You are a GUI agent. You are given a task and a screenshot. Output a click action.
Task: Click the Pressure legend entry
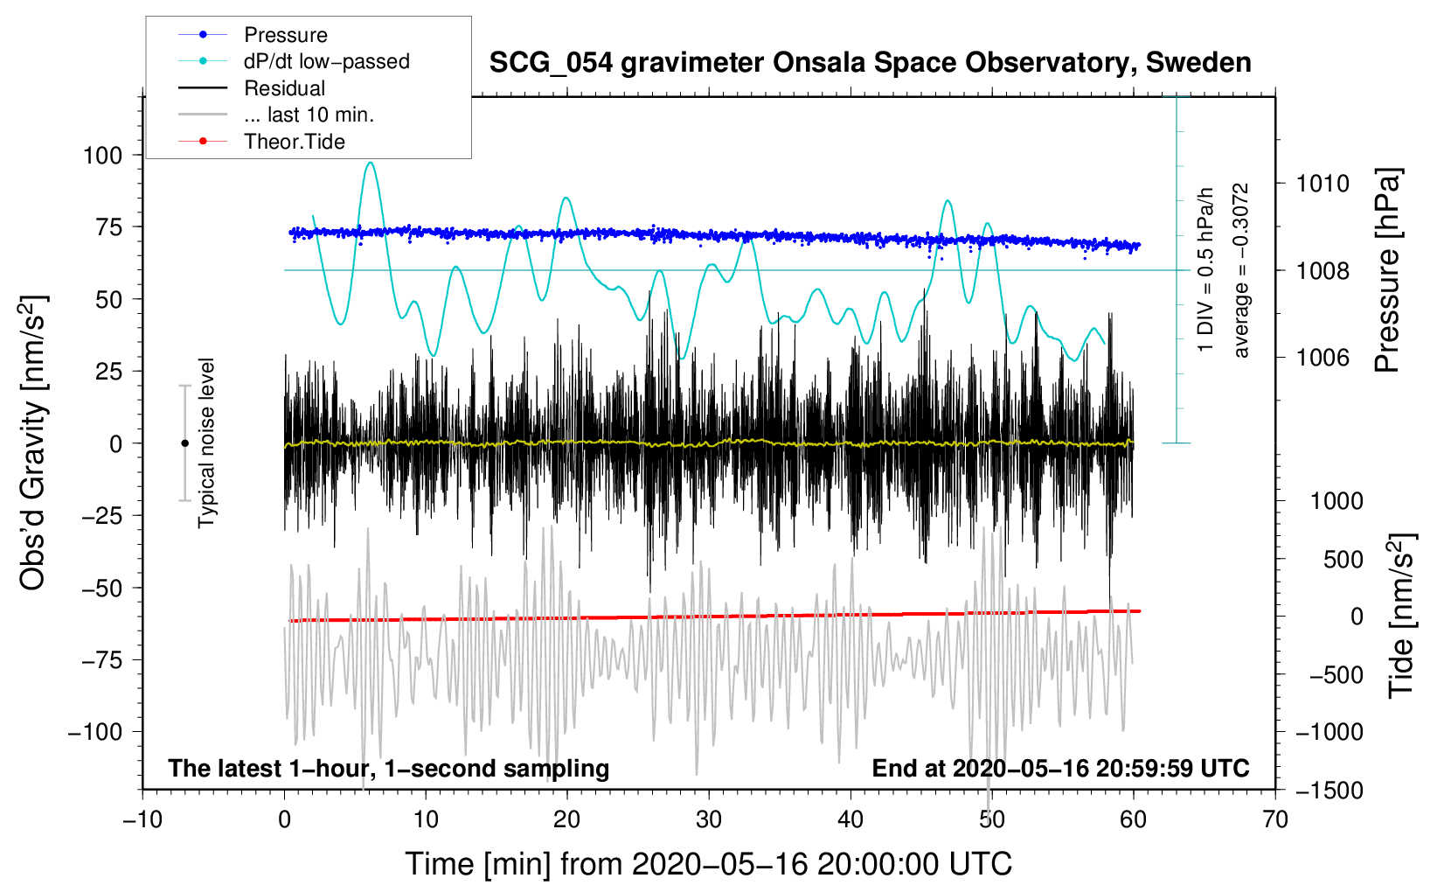tap(285, 35)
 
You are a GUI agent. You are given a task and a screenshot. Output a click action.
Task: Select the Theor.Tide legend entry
tap(294, 142)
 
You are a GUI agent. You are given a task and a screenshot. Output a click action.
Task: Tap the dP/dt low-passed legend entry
tap(326, 61)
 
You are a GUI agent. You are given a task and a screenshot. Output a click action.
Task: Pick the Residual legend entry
tap(284, 88)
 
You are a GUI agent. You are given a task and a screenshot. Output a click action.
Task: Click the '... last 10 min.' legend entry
tap(309, 115)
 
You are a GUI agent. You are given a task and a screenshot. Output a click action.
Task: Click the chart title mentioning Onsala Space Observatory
tap(870, 63)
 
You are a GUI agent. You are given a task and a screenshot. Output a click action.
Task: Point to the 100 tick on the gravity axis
tap(102, 156)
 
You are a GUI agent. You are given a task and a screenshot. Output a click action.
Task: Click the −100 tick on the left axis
tap(95, 732)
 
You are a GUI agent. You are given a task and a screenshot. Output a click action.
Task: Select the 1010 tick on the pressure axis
tap(1323, 184)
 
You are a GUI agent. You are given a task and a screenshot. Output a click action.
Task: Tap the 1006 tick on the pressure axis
tap(1323, 358)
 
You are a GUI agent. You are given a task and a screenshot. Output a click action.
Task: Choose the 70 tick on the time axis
tap(1275, 819)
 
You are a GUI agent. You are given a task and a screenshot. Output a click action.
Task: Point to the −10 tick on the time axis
tap(142, 819)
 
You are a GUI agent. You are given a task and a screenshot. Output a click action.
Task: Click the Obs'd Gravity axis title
tap(33, 443)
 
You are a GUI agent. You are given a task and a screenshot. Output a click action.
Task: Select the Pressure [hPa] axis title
tap(1387, 271)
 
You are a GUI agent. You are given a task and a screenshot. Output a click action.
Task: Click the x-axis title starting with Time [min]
tap(708, 864)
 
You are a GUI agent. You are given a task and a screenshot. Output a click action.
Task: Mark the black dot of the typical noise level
tap(184, 443)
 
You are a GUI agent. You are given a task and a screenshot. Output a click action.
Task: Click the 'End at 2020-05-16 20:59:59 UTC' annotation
tap(1060, 768)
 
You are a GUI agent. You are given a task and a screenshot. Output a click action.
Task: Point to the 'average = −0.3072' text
tap(1241, 271)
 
